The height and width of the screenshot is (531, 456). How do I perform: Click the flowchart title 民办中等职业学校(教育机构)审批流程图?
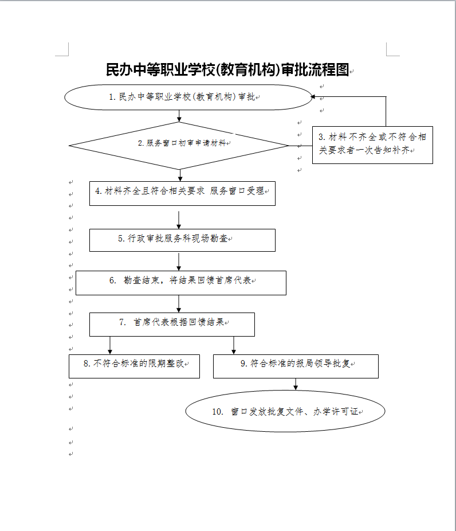227,70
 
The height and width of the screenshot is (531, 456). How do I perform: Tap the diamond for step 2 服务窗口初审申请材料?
179,145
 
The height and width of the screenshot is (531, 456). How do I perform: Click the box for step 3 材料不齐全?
372,145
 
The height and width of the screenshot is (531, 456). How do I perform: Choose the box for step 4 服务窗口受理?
182,193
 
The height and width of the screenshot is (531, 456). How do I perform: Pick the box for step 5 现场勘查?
182,240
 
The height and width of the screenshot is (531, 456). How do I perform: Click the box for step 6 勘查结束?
180,282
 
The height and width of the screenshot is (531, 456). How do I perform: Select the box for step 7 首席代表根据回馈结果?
172,324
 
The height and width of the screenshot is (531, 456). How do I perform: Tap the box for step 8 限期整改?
134,366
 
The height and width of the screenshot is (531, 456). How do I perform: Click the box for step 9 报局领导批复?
296,366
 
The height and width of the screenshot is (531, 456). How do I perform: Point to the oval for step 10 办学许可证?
285,411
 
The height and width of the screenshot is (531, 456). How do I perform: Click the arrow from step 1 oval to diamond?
180,116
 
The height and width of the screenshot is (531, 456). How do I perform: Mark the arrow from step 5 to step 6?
179,261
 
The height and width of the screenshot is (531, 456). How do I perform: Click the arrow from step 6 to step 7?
179,304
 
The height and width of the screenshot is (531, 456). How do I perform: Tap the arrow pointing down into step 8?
110,345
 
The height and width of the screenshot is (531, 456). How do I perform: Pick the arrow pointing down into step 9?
234,345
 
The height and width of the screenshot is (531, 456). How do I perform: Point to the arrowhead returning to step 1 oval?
314,97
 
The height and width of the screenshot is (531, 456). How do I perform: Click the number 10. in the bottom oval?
217,412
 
